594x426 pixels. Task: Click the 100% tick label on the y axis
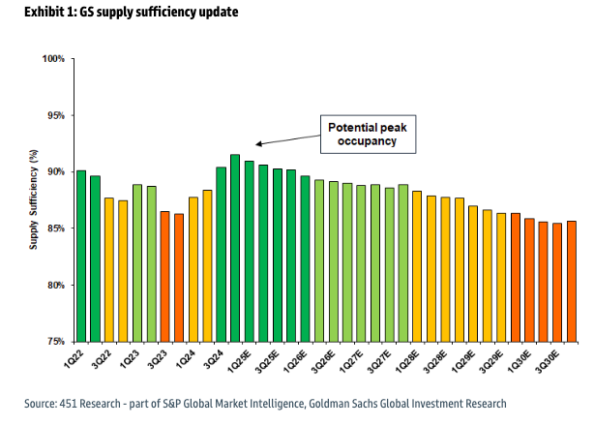(x=52, y=59)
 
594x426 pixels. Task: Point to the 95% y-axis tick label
(x=54, y=115)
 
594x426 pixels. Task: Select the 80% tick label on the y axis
(x=54, y=286)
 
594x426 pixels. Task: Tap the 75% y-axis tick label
(x=54, y=342)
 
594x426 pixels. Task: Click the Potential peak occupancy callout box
(x=368, y=135)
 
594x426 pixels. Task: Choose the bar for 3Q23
(x=164, y=277)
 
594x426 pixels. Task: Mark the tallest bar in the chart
(x=235, y=248)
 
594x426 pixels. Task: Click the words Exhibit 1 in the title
(x=41, y=13)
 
